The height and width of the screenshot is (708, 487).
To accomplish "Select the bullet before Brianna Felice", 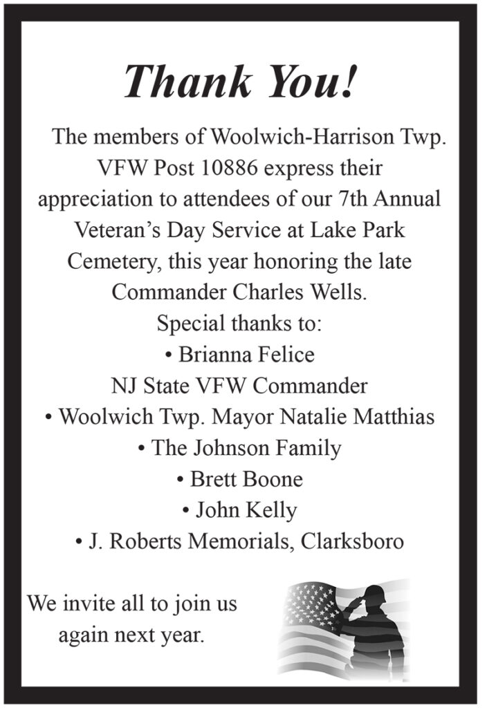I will point(169,355).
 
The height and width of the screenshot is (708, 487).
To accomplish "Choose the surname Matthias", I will point(394,417).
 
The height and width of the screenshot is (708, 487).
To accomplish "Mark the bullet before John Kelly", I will point(187,511).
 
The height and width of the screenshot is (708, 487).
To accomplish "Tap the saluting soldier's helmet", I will point(374,593).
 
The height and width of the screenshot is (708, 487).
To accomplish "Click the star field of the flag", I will point(309,603).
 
